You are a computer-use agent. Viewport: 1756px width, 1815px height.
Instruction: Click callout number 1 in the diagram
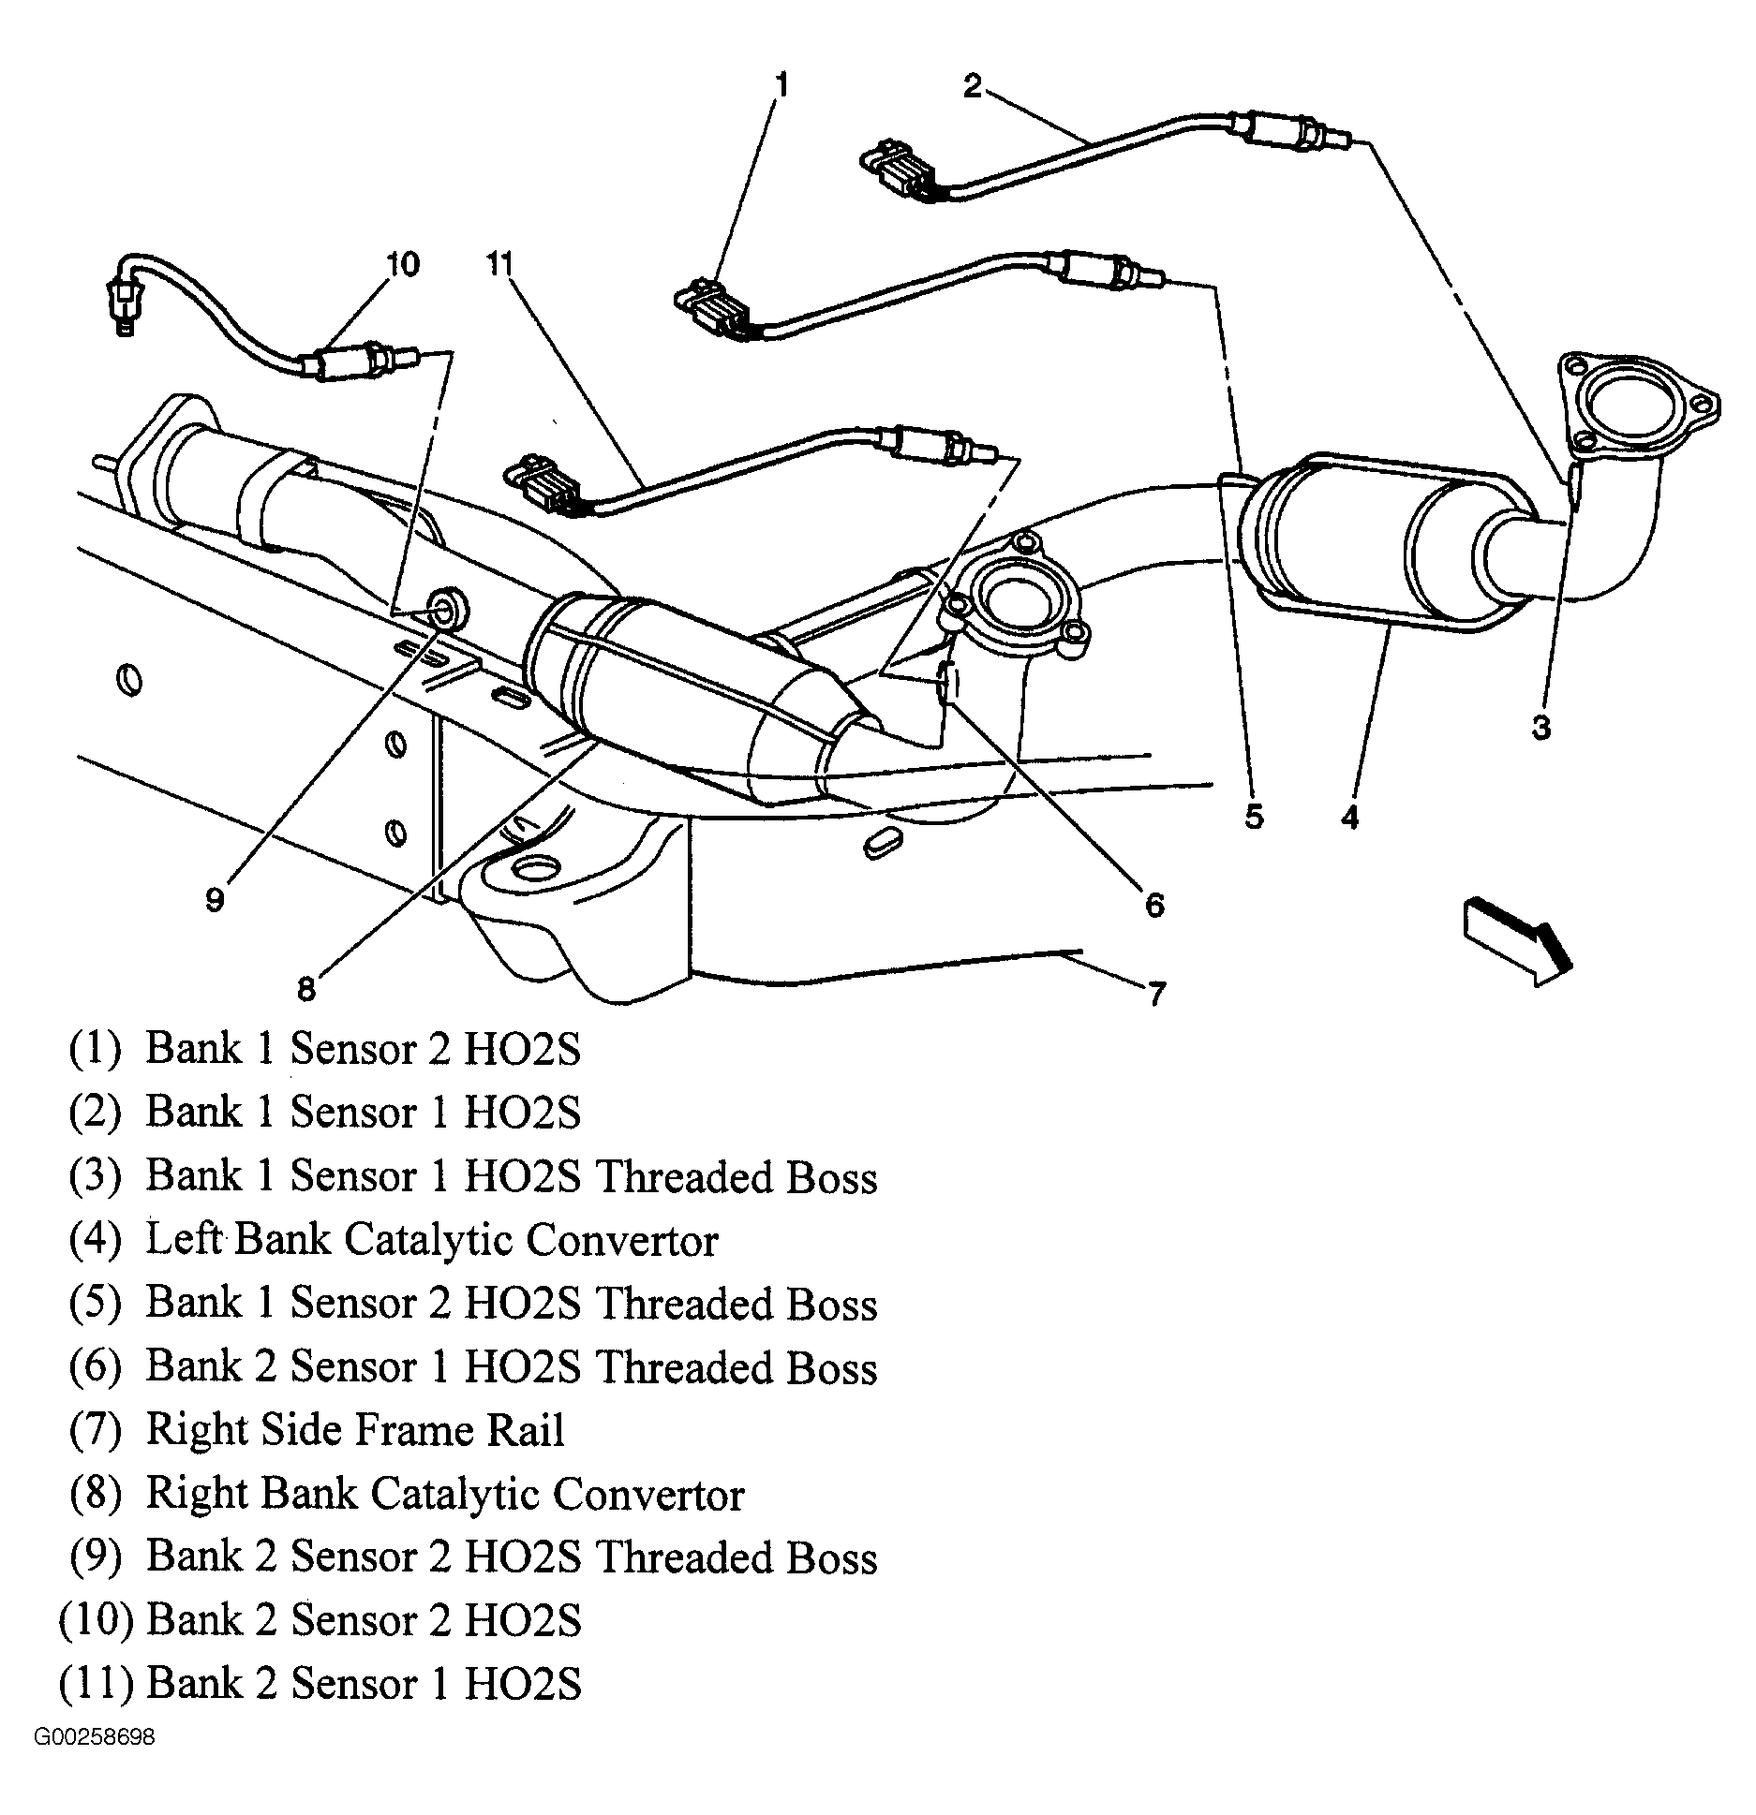click(x=781, y=86)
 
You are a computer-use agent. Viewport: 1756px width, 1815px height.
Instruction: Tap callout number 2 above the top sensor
click(x=973, y=87)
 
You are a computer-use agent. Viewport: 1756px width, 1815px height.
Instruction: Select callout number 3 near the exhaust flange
click(x=1541, y=727)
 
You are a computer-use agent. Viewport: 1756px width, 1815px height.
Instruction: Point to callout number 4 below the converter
click(x=1349, y=818)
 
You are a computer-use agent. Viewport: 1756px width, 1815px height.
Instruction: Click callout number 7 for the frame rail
click(x=1156, y=993)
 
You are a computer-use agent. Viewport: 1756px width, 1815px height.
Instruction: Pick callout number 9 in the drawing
click(x=215, y=900)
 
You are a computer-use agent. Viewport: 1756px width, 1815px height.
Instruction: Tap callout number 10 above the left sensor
click(x=403, y=265)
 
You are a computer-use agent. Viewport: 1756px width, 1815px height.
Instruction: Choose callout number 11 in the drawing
click(x=499, y=265)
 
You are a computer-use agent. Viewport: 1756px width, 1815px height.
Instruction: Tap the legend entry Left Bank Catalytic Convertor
click(x=432, y=1240)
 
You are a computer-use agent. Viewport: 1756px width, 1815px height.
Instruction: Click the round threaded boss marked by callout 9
click(x=445, y=608)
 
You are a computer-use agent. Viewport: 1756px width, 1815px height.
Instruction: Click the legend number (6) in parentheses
click(x=96, y=1367)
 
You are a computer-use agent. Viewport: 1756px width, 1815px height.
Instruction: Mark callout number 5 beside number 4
click(x=1254, y=817)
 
